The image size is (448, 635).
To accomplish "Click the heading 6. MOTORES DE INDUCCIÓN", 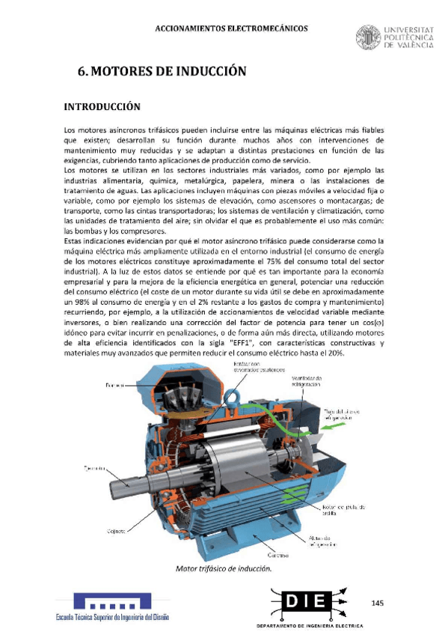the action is pos(162,72).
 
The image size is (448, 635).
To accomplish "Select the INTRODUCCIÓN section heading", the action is pos(102,107).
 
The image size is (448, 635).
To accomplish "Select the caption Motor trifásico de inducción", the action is pos(223,568).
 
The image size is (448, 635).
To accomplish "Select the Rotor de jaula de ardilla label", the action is pos(344,509).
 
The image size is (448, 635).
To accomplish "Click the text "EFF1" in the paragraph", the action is pos(241,343).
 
